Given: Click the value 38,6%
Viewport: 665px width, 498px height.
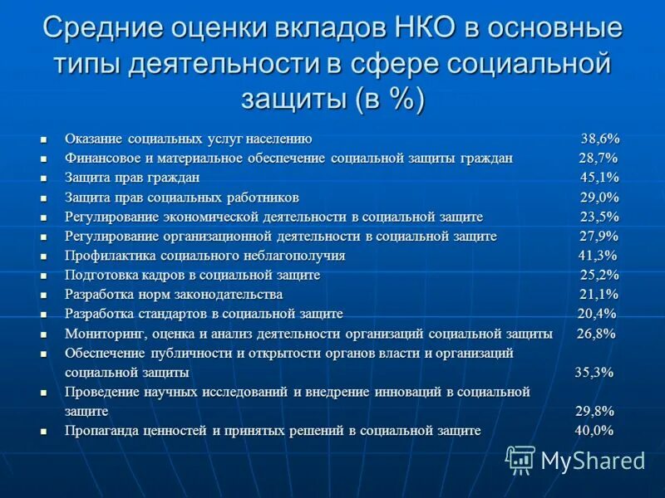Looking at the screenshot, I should coord(599,139).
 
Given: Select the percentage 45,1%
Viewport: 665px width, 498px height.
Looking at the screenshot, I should coord(599,178).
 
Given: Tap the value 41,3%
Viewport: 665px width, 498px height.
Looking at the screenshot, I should coord(598,256).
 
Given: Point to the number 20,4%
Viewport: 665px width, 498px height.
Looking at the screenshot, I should coord(597,314).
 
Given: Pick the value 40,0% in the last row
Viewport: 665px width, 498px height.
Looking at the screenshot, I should coord(594,431).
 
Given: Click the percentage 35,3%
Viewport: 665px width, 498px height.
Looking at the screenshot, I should coord(594,372).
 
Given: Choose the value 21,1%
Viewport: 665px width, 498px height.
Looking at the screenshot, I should coord(598,295).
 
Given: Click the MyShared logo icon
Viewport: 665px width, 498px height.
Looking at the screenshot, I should coord(520,459).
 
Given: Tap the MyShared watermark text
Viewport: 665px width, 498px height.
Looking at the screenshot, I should coord(593,460).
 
